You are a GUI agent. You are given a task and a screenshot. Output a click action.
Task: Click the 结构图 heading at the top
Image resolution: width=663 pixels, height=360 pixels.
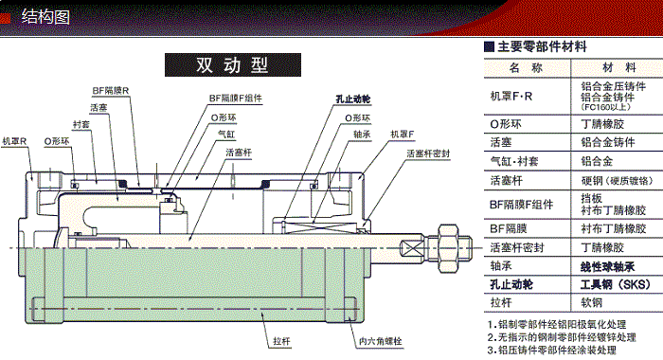47,15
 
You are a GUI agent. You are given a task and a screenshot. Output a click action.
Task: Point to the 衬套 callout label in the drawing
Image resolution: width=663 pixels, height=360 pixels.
81,124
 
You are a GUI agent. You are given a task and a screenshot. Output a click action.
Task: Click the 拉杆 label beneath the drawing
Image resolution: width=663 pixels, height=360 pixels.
281,338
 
